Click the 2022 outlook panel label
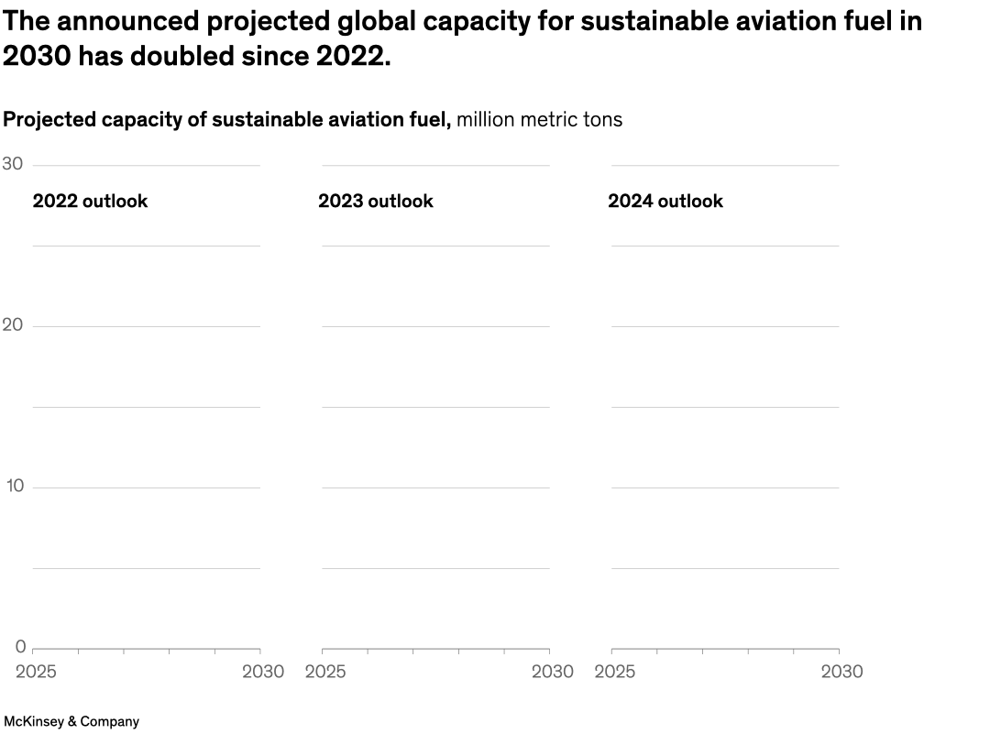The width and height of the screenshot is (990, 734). [x=90, y=201]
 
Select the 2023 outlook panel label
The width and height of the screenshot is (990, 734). [x=376, y=201]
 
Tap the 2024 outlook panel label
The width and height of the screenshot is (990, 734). [x=665, y=201]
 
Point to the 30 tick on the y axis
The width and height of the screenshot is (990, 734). [x=13, y=164]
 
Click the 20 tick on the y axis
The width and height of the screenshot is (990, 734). [x=13, y=325]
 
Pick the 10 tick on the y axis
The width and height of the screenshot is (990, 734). [x=14, y=487]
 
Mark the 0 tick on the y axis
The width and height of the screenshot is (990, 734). [x=20, y=647]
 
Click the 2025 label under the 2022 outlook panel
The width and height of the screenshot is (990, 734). [x=36, y=672]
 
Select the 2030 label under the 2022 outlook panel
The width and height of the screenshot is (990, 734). [x=263, y=672]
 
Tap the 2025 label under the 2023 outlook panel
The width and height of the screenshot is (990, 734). [x=325, y=672]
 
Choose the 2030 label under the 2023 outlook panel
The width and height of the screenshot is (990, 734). [x=553, y=672]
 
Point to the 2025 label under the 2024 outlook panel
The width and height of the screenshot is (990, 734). [x=615, y=672]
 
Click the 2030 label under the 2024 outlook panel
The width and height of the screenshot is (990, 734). [x=841, y=672]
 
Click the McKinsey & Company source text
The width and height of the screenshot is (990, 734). [x=71, y=721]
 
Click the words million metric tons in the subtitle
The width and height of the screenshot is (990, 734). [x=539, y=120]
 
